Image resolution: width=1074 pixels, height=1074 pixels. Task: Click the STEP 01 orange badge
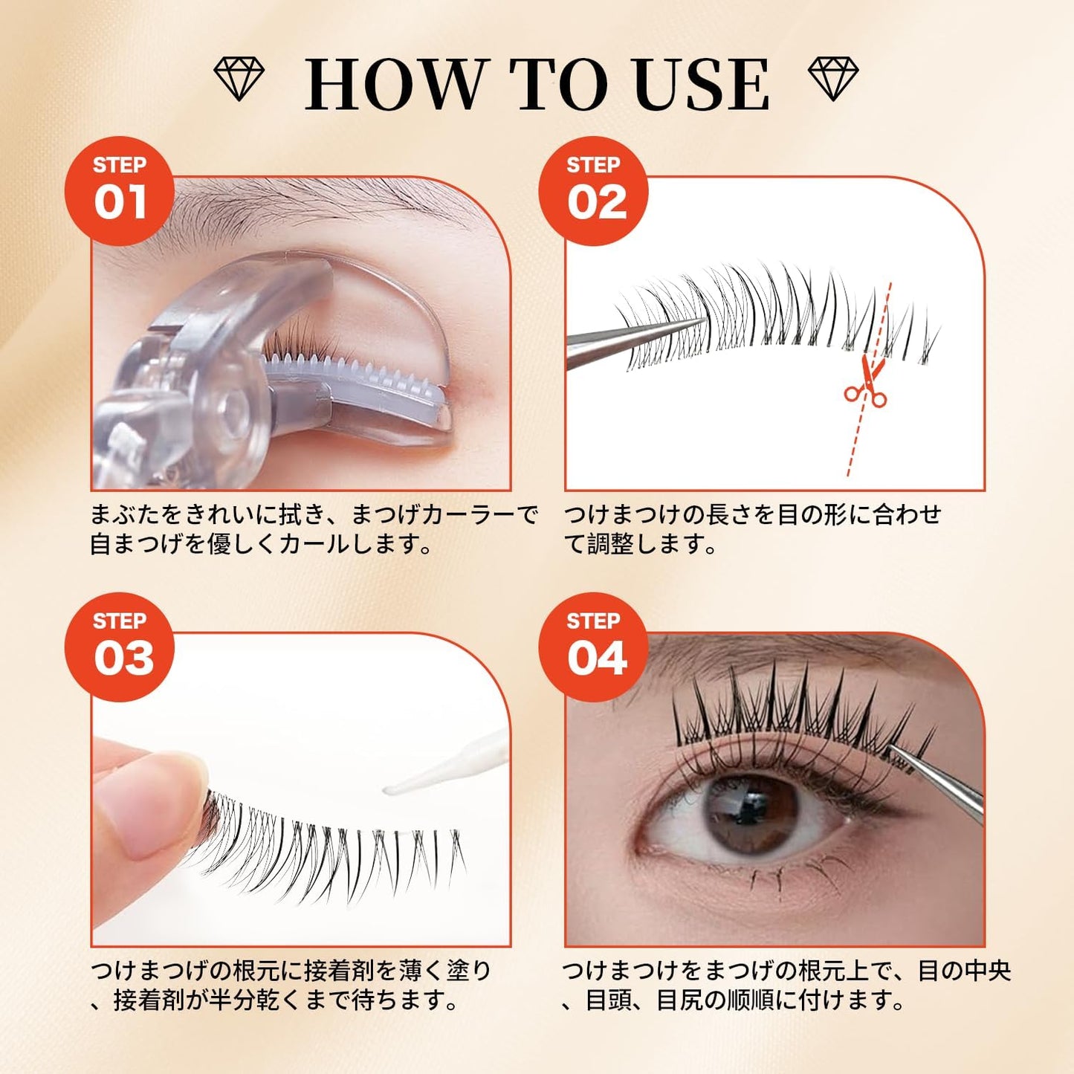(x=120, y=191)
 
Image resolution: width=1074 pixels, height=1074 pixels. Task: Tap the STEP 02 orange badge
(x=594, y=191)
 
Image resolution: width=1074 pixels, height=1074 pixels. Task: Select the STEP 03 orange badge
(x=120, y=647)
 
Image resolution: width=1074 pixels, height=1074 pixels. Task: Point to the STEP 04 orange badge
(x=594, y=647)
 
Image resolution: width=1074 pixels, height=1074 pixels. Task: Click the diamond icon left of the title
(x=239, y=79)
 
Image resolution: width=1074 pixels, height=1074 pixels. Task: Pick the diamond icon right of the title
(x=833, y=79)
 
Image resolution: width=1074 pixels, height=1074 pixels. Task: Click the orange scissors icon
(x=867, y=383)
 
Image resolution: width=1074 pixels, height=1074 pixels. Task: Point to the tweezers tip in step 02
(x=699, y=322)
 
